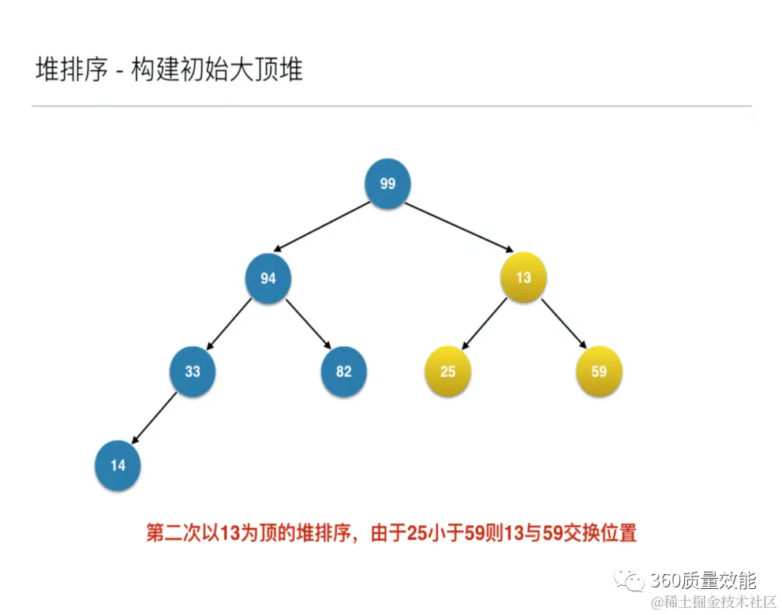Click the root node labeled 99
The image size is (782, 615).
[x=387, y=184]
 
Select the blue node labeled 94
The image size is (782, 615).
[x=268, y=278]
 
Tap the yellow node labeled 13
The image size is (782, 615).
[x=523, y=278]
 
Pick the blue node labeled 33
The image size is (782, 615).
[x=193, y=371]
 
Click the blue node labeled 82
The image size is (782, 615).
[x=343, y=371]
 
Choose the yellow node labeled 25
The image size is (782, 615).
[x=448, y=371]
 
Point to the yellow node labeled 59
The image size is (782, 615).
[x=599, y=371]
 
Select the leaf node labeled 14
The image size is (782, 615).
[x=118, y=464]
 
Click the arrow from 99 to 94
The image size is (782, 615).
[x=324, y=226]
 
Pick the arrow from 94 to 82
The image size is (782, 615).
[x=307, y=324]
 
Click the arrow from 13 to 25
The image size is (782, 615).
[x=485, y=324]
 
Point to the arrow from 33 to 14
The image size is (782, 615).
[x=155, y=418]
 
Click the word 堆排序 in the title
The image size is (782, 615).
[x=71, y=69]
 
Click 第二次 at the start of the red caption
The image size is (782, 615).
[x=173, y=533]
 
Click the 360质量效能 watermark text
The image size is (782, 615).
[x=702, y=581]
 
